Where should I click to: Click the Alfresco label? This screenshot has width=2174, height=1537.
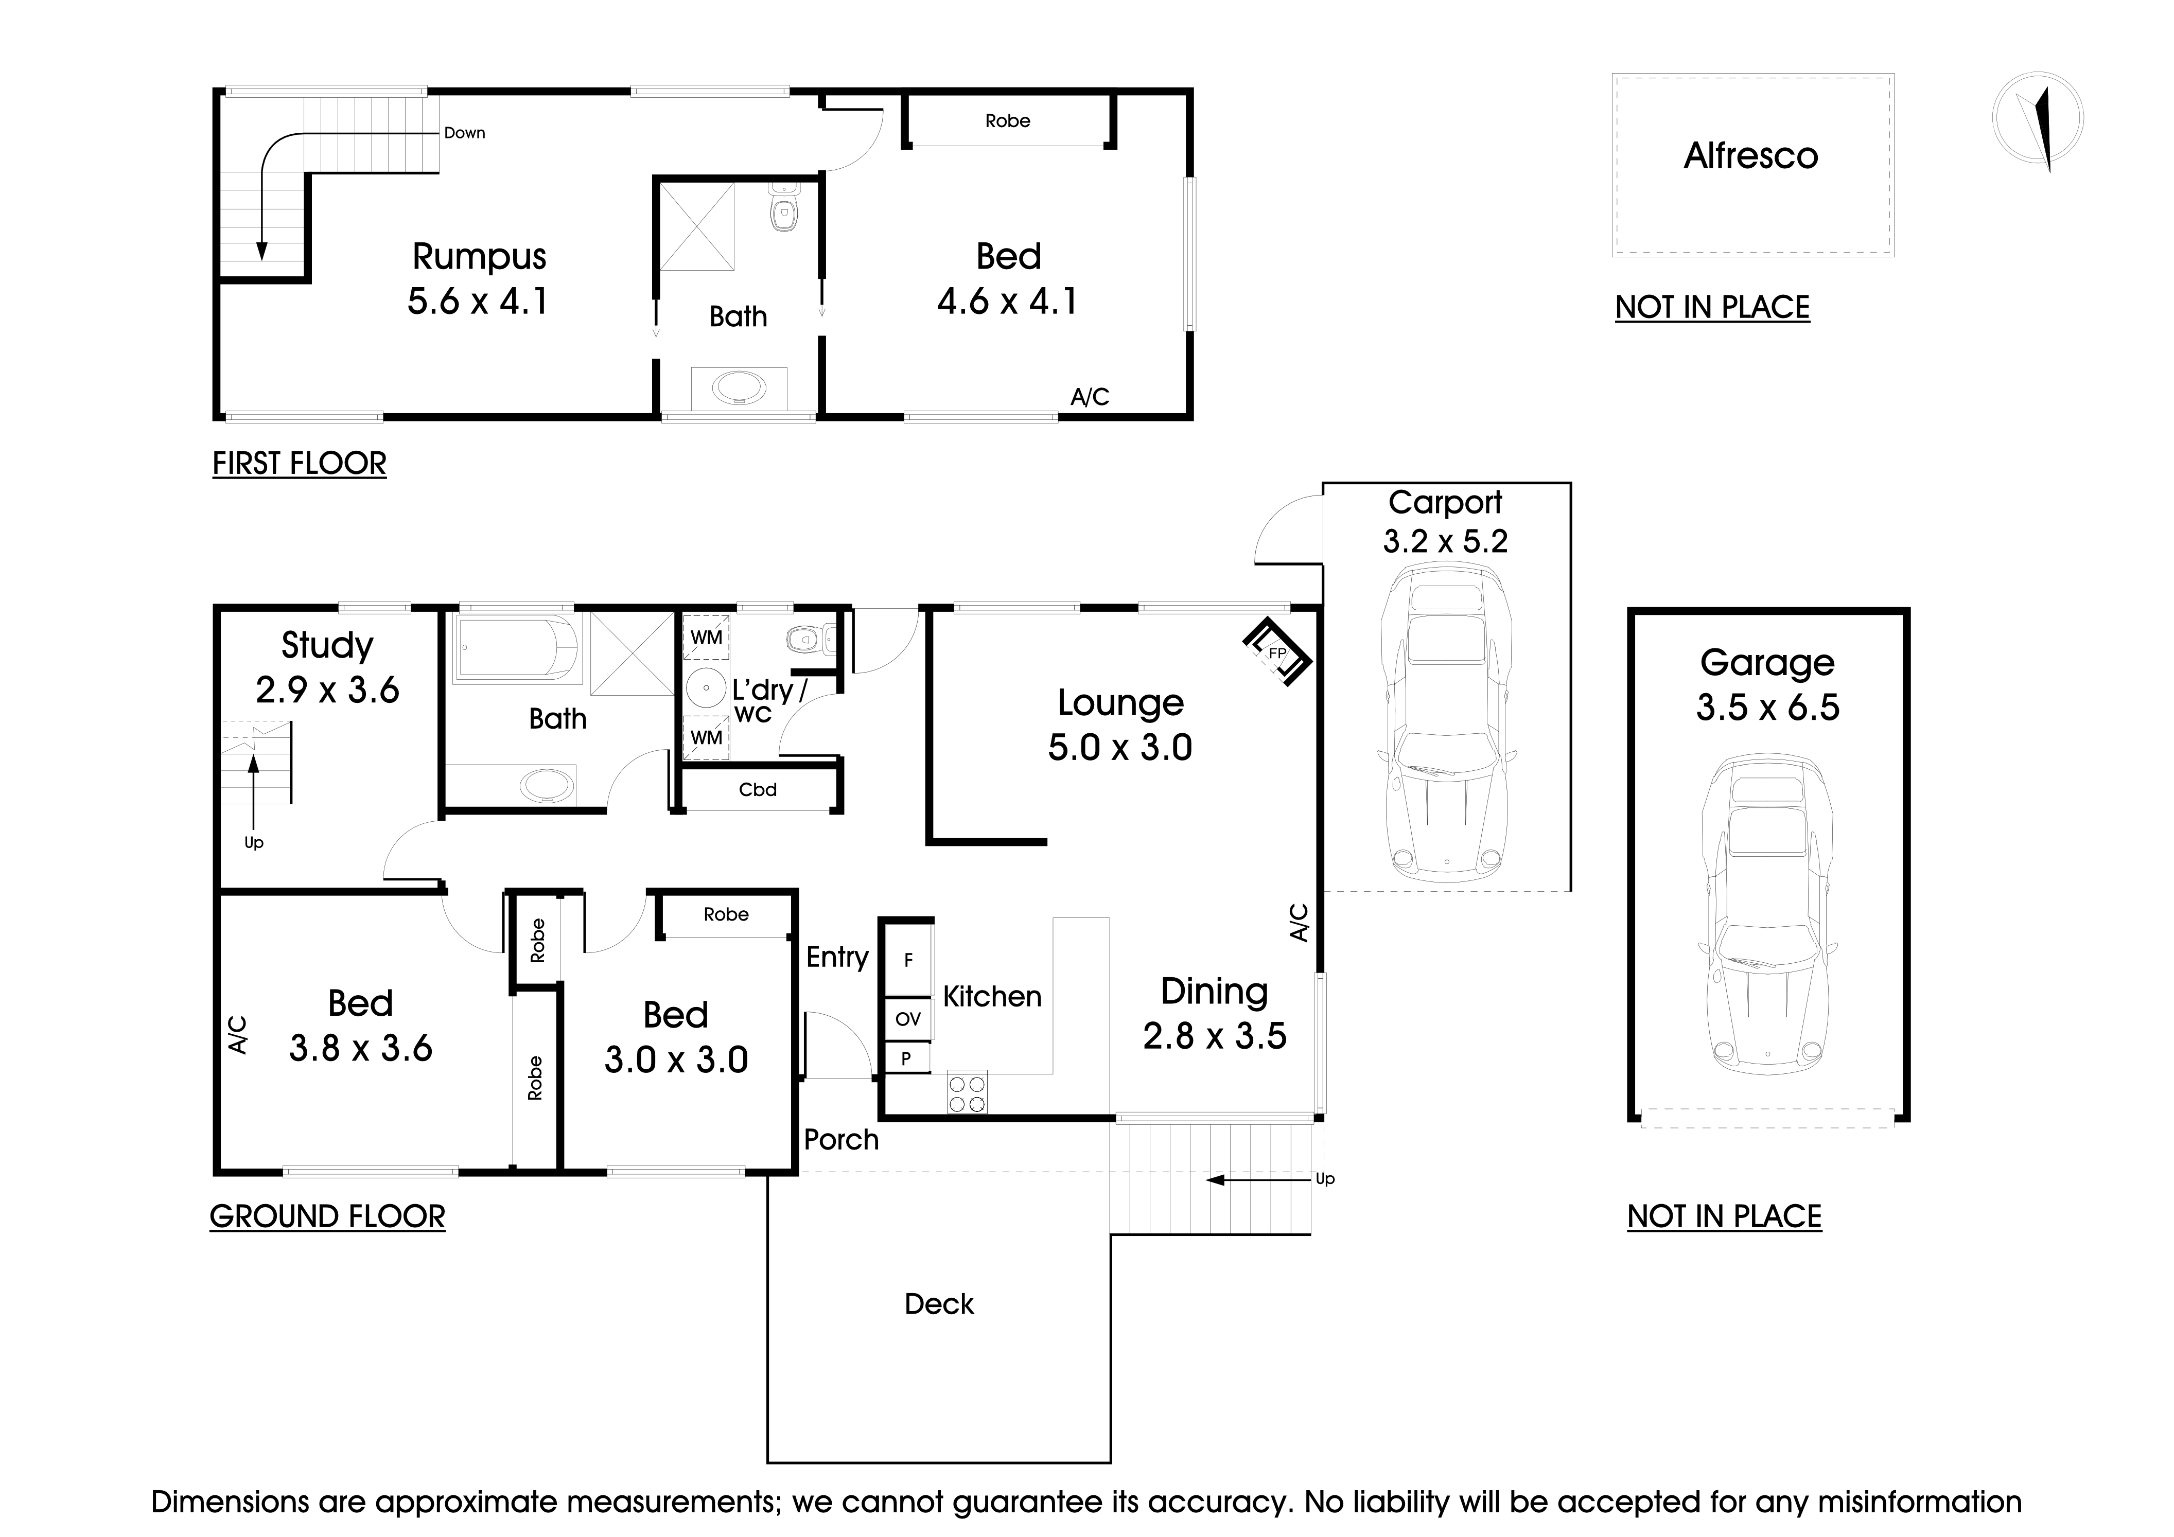(1751, 156)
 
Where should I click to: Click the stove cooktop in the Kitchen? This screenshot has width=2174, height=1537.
(967, 1093)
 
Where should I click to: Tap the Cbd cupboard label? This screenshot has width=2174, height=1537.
(758, 789)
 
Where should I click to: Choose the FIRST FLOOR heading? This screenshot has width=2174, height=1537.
(299, 464)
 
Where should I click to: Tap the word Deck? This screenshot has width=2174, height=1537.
(938, 1304)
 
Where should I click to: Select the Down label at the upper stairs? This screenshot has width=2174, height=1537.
(464, 133)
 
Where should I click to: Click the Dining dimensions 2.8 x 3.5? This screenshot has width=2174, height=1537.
(1214, 1036)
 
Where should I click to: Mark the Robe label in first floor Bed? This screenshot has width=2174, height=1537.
(1007, 121)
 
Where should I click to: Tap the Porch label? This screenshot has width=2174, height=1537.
(841, 1139)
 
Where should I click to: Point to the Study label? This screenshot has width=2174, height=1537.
(327, 645)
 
